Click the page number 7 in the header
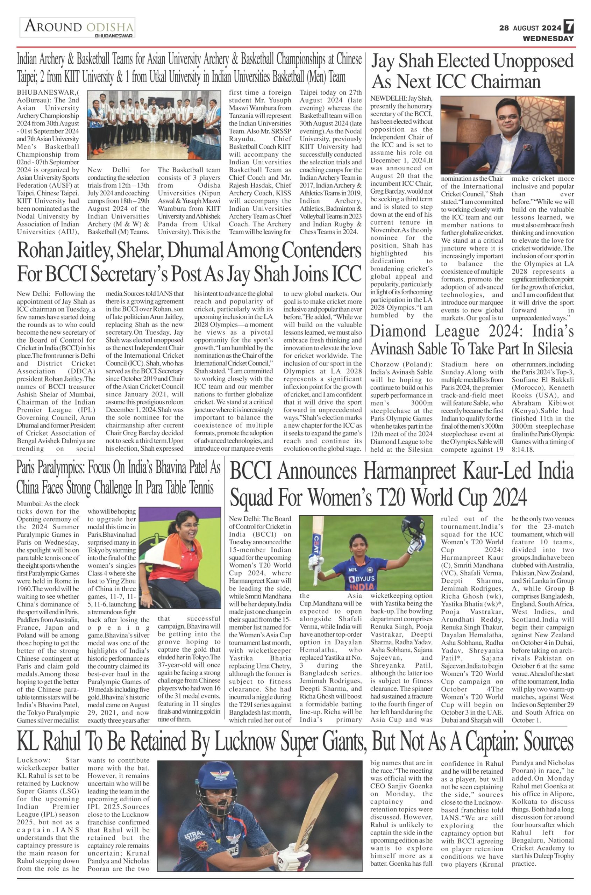point(569,27)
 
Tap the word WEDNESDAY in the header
point(548,38)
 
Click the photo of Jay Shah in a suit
point(507,135)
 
